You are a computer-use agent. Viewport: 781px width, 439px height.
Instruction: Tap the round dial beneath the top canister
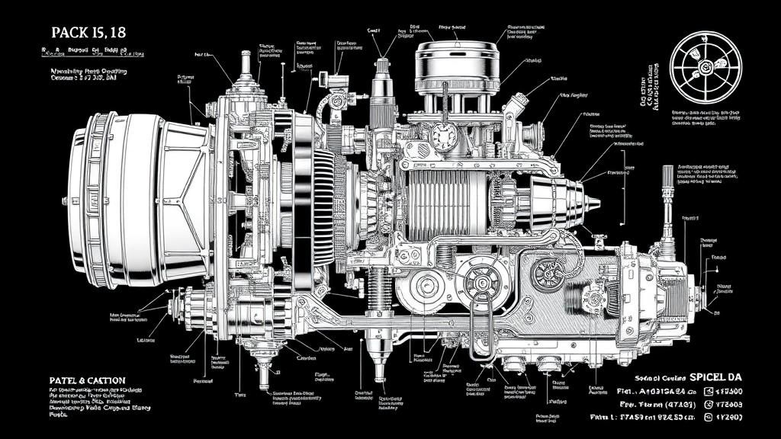pyautogui.click(x=442, y=136)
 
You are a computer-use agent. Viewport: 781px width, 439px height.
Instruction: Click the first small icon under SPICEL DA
pyautogui.click(x=708, y=390)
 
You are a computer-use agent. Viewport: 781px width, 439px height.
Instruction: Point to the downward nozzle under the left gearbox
pyautogui.click(x=265, y=373)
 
